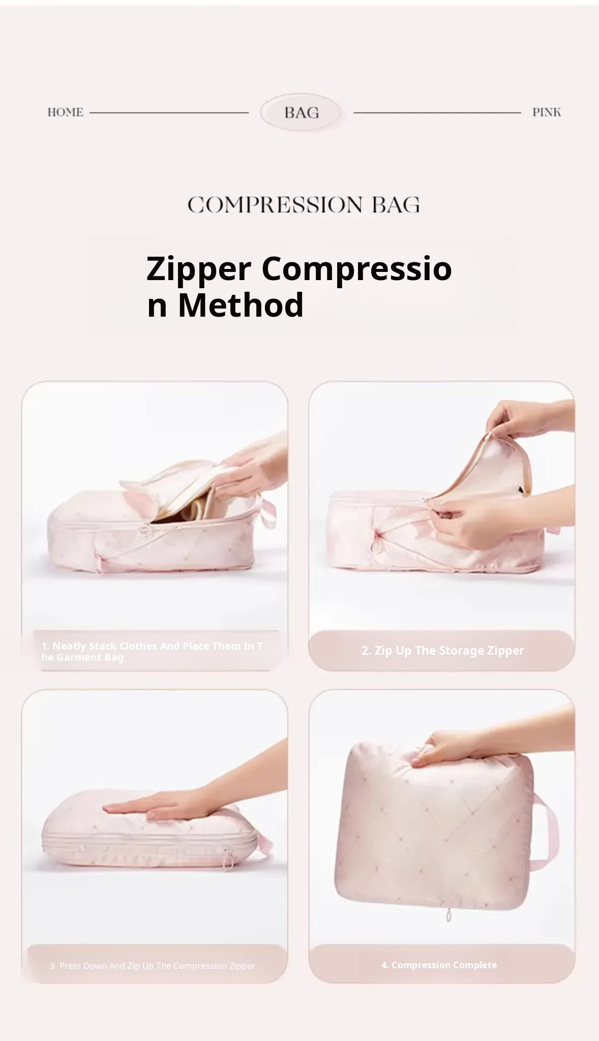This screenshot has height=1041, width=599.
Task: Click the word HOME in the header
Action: pos(65,112)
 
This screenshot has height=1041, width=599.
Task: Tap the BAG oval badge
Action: pos(301,112)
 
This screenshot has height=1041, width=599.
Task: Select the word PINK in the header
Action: pos(547,112)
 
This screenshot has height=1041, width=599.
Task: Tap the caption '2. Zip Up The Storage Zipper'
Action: pos(442,651)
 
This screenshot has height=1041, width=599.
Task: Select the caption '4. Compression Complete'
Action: pos(439,965)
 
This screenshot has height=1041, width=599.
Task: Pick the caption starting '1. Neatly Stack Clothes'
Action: pos(152,652)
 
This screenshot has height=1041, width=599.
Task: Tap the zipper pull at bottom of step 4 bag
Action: pos(448,916)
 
